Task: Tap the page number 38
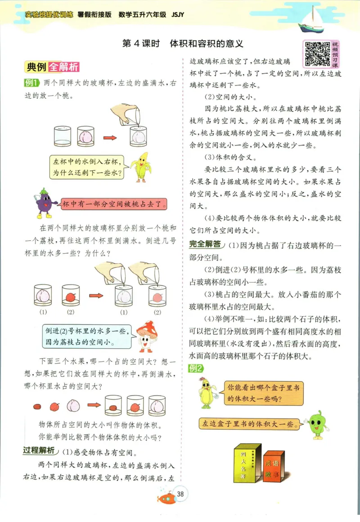click(180, 495)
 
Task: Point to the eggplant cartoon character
click(44, 202)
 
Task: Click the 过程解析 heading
click(40, 451)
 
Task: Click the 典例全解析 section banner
click(53, 67)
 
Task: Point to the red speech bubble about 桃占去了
click(114, 204)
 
